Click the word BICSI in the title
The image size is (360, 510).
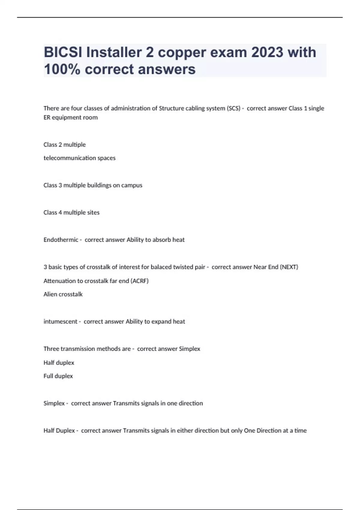tap(63, 52)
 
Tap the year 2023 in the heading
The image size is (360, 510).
tap(267, 52)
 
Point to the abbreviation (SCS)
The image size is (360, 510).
tap(234, 108)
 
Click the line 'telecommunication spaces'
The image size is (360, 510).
tap(79, 158)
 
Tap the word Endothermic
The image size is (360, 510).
tap(61, 240)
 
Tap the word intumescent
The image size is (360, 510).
tap(60, 322)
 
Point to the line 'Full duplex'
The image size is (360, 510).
tap(58, 376)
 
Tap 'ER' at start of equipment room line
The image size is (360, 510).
tap(47, 117)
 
